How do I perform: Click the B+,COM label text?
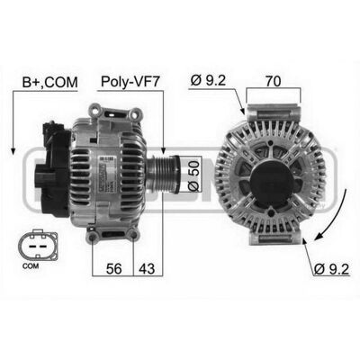49,82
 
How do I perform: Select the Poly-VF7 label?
130,82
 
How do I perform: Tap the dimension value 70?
273,81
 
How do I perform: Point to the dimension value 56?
114,268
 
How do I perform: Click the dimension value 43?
147,268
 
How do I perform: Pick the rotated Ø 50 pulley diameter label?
193,175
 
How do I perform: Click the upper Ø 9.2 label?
208,81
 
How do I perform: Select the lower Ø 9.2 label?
331,269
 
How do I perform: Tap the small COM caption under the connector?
31,265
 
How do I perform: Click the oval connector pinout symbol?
38,245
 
